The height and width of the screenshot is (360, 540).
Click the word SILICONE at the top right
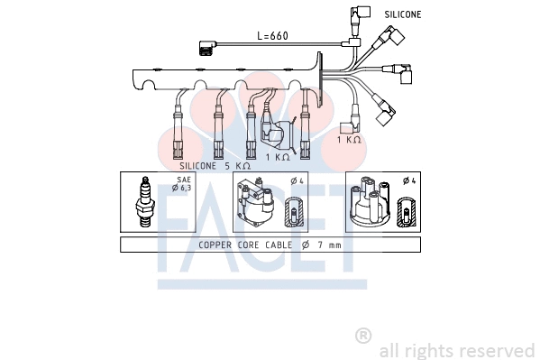402,14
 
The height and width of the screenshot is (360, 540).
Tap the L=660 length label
272,36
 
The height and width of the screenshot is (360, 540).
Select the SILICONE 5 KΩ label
215,166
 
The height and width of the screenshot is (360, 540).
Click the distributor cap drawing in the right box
369,206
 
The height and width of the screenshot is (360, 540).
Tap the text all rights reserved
457,350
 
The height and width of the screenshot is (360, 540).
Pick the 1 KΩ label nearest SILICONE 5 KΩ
278,157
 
